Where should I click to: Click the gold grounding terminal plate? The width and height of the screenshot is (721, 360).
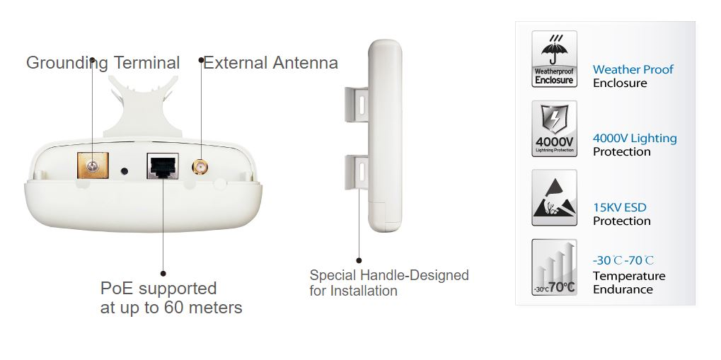[x=93, y=166]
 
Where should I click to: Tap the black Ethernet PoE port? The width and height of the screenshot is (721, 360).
[x=163, y=166]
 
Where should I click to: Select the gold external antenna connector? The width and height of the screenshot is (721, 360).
[x=200, y=167]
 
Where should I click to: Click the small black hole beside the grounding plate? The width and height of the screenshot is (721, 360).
[x=124, y=171]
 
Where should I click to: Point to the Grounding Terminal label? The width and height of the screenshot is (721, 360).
[x=103, y=62]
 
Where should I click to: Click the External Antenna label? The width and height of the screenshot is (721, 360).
[x=271, y=62]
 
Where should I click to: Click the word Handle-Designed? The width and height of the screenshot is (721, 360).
[x=415, y=275]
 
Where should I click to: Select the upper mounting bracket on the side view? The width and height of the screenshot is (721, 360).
[x=357, y=105]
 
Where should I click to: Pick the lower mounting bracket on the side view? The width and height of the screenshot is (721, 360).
[x=357, y=173]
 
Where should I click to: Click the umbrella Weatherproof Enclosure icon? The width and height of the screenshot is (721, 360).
[x=554, y=59]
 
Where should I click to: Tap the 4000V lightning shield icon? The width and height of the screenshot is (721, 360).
[x=554, y=129]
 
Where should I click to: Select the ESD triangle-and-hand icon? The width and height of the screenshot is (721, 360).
[x=554, y=198]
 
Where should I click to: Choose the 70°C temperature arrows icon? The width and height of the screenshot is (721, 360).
[x=554, y=267]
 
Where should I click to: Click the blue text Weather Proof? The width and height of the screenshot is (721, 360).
[x=633, y=69]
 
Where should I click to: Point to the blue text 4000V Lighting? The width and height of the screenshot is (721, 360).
[x=635, y=139]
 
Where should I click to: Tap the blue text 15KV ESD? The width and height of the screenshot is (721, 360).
[x=619, y=207]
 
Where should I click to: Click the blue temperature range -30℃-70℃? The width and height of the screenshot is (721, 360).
[x=623, y=260]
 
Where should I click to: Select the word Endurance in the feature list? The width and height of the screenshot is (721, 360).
[x=623, y=289]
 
